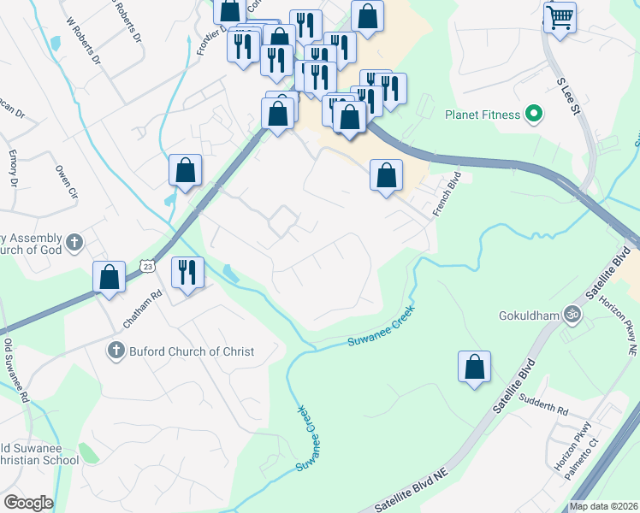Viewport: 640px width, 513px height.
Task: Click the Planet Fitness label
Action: [x=482, y=115]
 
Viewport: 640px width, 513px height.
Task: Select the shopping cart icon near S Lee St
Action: [x=560, y=17]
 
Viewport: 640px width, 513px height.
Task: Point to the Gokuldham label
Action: [x=529, y=315]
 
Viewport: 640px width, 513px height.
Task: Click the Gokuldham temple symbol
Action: [x=572, y=315]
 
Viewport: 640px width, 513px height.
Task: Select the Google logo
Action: [x=28, y=503]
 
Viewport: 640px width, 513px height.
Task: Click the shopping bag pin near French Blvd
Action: [x=386, y=175]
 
